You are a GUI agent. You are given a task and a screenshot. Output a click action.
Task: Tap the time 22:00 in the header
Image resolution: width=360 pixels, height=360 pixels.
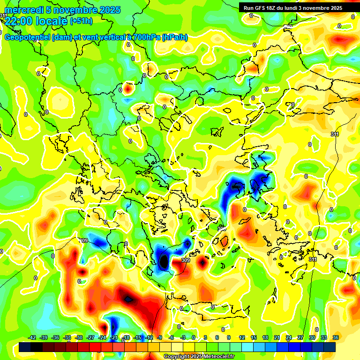click(20, 21)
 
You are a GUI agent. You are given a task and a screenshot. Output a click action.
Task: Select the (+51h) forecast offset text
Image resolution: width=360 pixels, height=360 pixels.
click(81, 21)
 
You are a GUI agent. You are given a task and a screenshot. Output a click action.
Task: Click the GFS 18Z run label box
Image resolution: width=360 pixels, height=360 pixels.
click(292, 8)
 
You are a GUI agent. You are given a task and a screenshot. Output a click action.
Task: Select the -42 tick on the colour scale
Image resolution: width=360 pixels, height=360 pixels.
click(32, 337)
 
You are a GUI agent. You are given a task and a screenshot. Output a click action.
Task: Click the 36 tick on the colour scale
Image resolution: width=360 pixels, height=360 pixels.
click(335, 337)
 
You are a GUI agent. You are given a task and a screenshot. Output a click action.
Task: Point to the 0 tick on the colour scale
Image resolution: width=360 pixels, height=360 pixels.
click(194, 337)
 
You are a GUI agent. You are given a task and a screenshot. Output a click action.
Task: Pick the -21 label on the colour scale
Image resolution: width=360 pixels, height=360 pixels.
click(113, 337)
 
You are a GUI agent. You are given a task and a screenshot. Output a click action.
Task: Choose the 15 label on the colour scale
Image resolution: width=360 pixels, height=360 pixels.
click(254, 337)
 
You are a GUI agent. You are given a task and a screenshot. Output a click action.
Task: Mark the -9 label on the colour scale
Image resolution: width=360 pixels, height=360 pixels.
click(160, 337)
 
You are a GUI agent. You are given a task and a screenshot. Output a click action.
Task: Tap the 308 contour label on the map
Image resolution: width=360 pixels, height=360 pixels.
click(221, 228)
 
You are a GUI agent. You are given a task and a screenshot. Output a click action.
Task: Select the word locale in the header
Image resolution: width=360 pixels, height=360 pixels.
click(53, 21)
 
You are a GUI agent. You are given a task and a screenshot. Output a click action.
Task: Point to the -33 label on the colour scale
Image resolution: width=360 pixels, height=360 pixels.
click(67, 337)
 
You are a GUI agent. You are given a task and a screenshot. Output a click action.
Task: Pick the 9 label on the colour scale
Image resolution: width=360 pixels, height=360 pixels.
click(229, 337)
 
